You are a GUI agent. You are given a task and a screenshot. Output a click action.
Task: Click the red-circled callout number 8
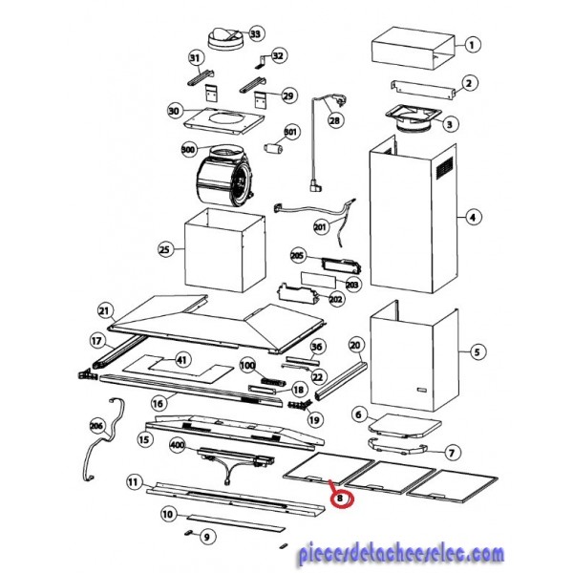[341, 499]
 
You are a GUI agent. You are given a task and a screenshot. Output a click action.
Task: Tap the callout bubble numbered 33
[255, 33]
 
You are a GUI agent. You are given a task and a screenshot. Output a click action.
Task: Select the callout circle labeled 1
[472, 45]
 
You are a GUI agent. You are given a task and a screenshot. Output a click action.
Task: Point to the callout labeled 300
[188, 150]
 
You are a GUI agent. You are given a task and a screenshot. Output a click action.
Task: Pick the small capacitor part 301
[273, 149]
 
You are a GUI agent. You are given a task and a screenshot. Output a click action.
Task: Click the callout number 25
[165, 249]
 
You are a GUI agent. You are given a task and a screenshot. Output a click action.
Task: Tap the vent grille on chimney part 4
[445, 168]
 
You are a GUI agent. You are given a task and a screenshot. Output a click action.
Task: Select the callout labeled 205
[297, 255]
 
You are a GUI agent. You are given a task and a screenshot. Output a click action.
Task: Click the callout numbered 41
[182, 360]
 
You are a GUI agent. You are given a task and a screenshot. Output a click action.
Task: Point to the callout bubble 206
[97, 426]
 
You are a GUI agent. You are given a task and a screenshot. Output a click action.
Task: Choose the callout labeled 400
[178, 445]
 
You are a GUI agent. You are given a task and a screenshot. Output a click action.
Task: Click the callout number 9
[207, 537]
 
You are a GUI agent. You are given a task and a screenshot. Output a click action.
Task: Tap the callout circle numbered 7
[452, 453]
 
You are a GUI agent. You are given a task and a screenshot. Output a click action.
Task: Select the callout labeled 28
[334, 120]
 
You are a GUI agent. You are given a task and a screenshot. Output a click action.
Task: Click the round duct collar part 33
[224, 38]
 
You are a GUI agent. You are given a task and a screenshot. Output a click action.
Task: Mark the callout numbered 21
[104, 311]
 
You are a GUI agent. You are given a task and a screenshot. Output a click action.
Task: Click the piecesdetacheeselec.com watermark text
[400, 554]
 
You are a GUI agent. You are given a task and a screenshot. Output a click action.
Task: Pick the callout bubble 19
[314, 420]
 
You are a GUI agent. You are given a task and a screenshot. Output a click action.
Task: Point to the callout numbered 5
[477, 352]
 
